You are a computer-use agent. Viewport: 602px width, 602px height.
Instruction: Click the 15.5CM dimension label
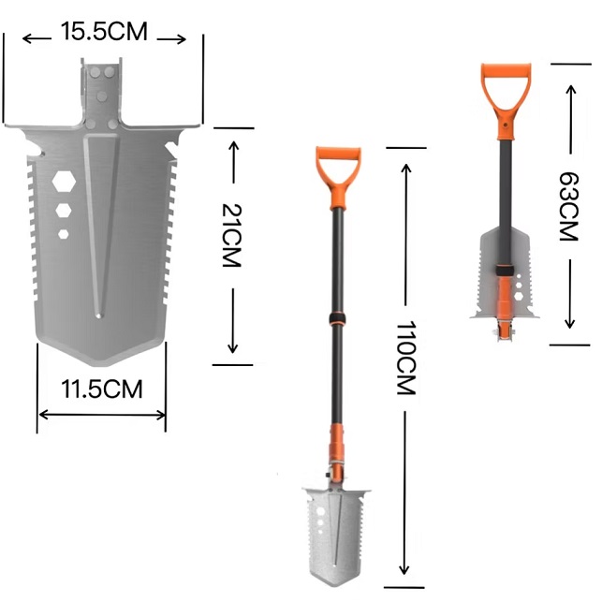(104, 31)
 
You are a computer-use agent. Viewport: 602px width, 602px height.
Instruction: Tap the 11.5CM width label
(102, 389)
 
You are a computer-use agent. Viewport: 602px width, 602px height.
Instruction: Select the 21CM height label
(231, 235)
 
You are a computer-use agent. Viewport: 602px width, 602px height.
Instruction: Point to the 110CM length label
(405, 358)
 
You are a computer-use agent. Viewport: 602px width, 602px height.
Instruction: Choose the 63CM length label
(568, 207)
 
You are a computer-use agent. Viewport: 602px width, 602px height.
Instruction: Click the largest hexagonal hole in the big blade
(64, 182)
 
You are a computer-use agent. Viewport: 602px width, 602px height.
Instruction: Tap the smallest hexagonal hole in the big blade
(64, 234)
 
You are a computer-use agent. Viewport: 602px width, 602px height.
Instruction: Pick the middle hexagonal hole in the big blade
(64, 211)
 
